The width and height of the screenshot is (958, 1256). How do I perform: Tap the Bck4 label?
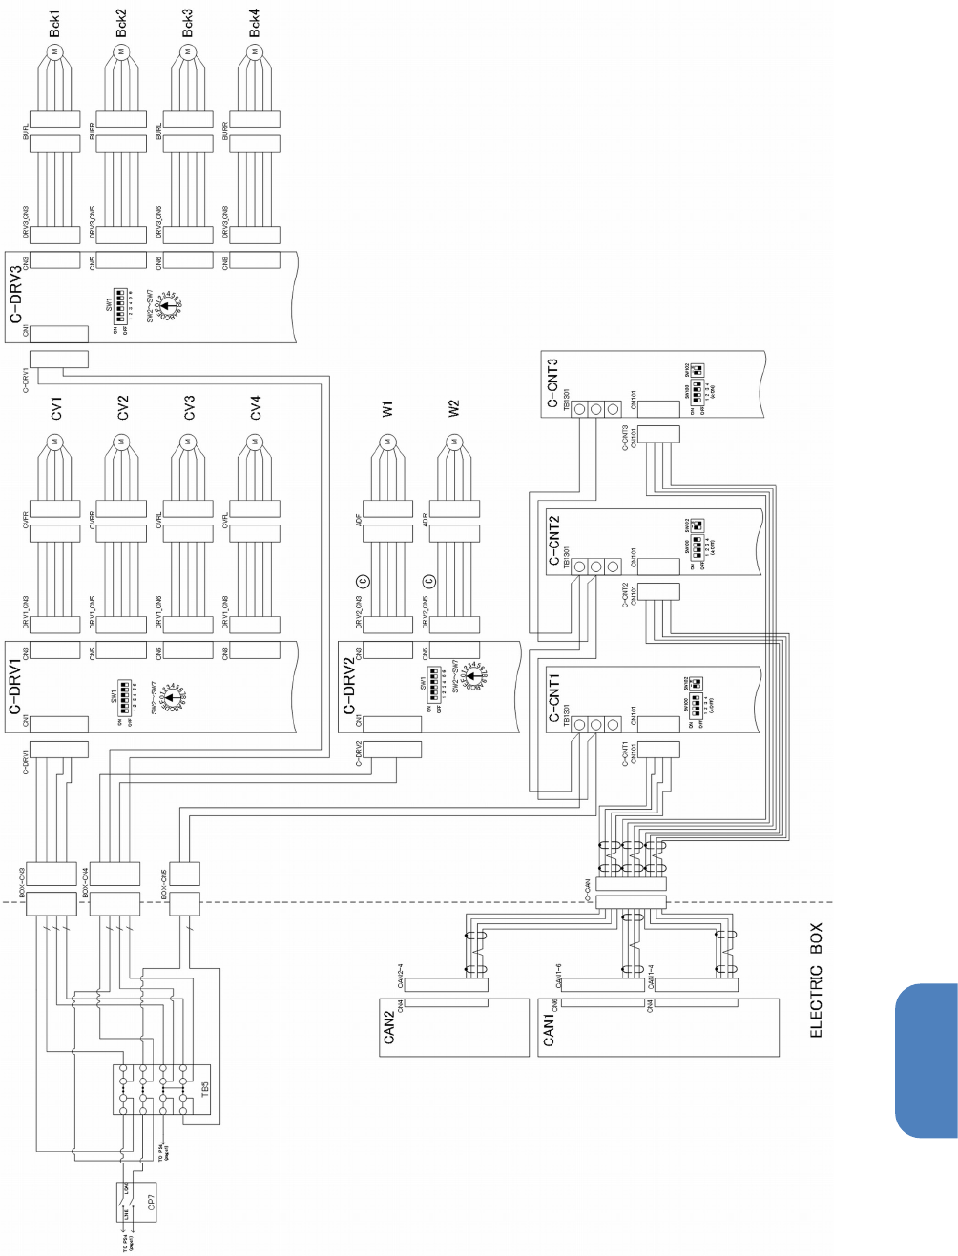click(x=254, y=24)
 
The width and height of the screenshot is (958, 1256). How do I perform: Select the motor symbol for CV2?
click(x=121, y=442)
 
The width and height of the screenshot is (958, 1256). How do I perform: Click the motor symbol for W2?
click(x=453, y=442)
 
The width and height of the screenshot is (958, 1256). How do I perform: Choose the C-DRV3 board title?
click(x=15, y=296)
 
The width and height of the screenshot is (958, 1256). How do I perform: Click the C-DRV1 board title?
click(x=15, y=687)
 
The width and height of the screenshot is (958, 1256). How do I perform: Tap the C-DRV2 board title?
click(x=348, y=687)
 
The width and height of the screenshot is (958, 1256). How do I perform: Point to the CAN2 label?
click(x=388, y=1027)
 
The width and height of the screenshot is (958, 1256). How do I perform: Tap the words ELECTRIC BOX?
click(x=816, y=979)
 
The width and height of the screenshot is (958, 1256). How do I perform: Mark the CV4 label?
click(x=255, y=408)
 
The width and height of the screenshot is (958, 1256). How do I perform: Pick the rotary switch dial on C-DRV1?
click(x=170, y=697)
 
